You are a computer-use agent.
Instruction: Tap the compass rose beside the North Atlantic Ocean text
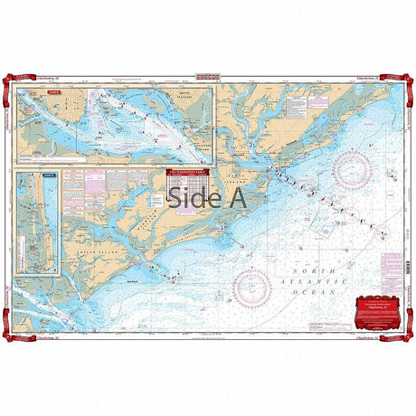point(251,286)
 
